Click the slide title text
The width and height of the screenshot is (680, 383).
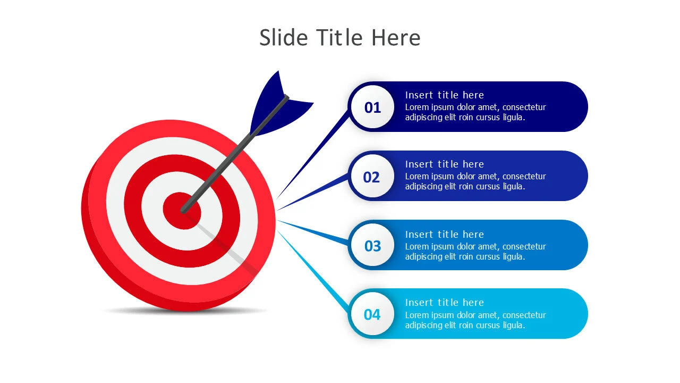tap(339, 38)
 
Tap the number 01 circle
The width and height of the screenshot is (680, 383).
tap(372, 107)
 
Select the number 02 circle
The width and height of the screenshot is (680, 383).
tap(372, 177)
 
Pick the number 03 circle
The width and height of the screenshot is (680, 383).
tap(372, 246)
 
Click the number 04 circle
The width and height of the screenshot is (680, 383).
tap(372, 315)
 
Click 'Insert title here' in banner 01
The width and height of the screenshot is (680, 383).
tap(444, 95)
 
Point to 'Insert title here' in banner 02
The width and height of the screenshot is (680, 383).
tap(444, 164)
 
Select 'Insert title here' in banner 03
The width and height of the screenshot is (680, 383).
tap(444, 235)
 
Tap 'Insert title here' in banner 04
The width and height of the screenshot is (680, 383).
tap(444, 303)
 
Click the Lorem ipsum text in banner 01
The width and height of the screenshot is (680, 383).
tap(475, 112)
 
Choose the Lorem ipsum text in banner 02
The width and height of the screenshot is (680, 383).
tap(475, 181)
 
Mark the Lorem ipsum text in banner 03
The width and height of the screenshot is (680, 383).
tap(475, 252)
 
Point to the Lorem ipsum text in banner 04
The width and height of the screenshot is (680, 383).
tap(475, 320)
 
